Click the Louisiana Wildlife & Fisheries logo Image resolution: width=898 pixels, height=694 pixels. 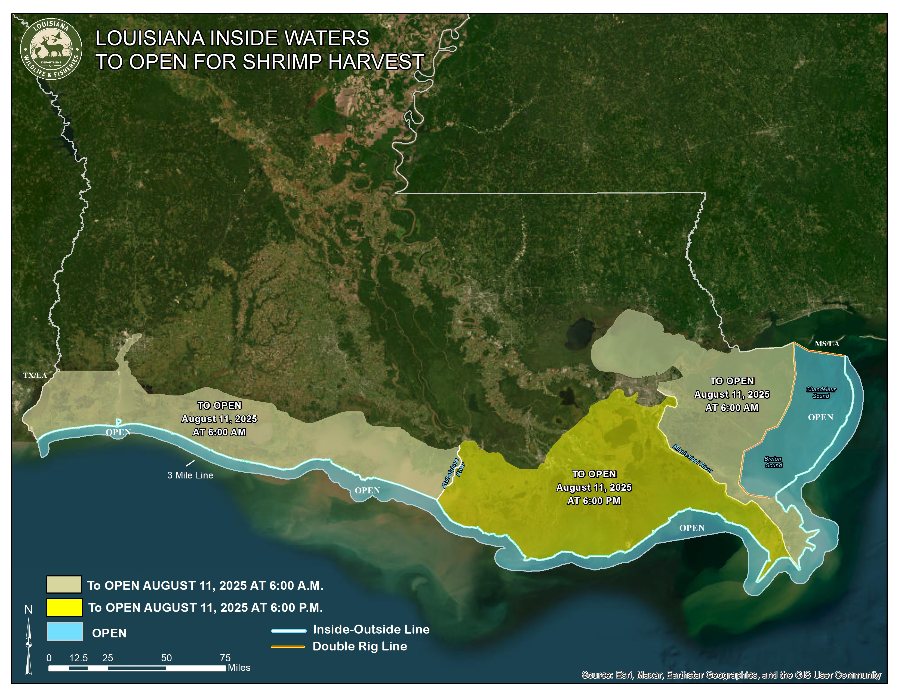[x=51, y=49]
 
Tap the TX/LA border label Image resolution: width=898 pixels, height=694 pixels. [x=35, y=375]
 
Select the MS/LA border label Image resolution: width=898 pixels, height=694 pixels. [x=827, y=343]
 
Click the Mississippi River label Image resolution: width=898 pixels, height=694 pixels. [x=693, y=458]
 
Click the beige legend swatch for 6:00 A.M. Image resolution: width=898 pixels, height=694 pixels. [x=64, y=584]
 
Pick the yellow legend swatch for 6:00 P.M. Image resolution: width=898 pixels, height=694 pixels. [x=64, y=607]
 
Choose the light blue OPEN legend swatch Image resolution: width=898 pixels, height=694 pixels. [x=64, y=631]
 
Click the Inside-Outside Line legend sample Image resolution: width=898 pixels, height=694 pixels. [x=288, y=630]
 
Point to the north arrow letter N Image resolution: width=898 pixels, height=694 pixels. [x=28, y=609]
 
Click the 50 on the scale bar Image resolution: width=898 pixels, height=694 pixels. [x=166, y=658]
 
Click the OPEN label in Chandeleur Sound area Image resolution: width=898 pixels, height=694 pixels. [x=820, y=417]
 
